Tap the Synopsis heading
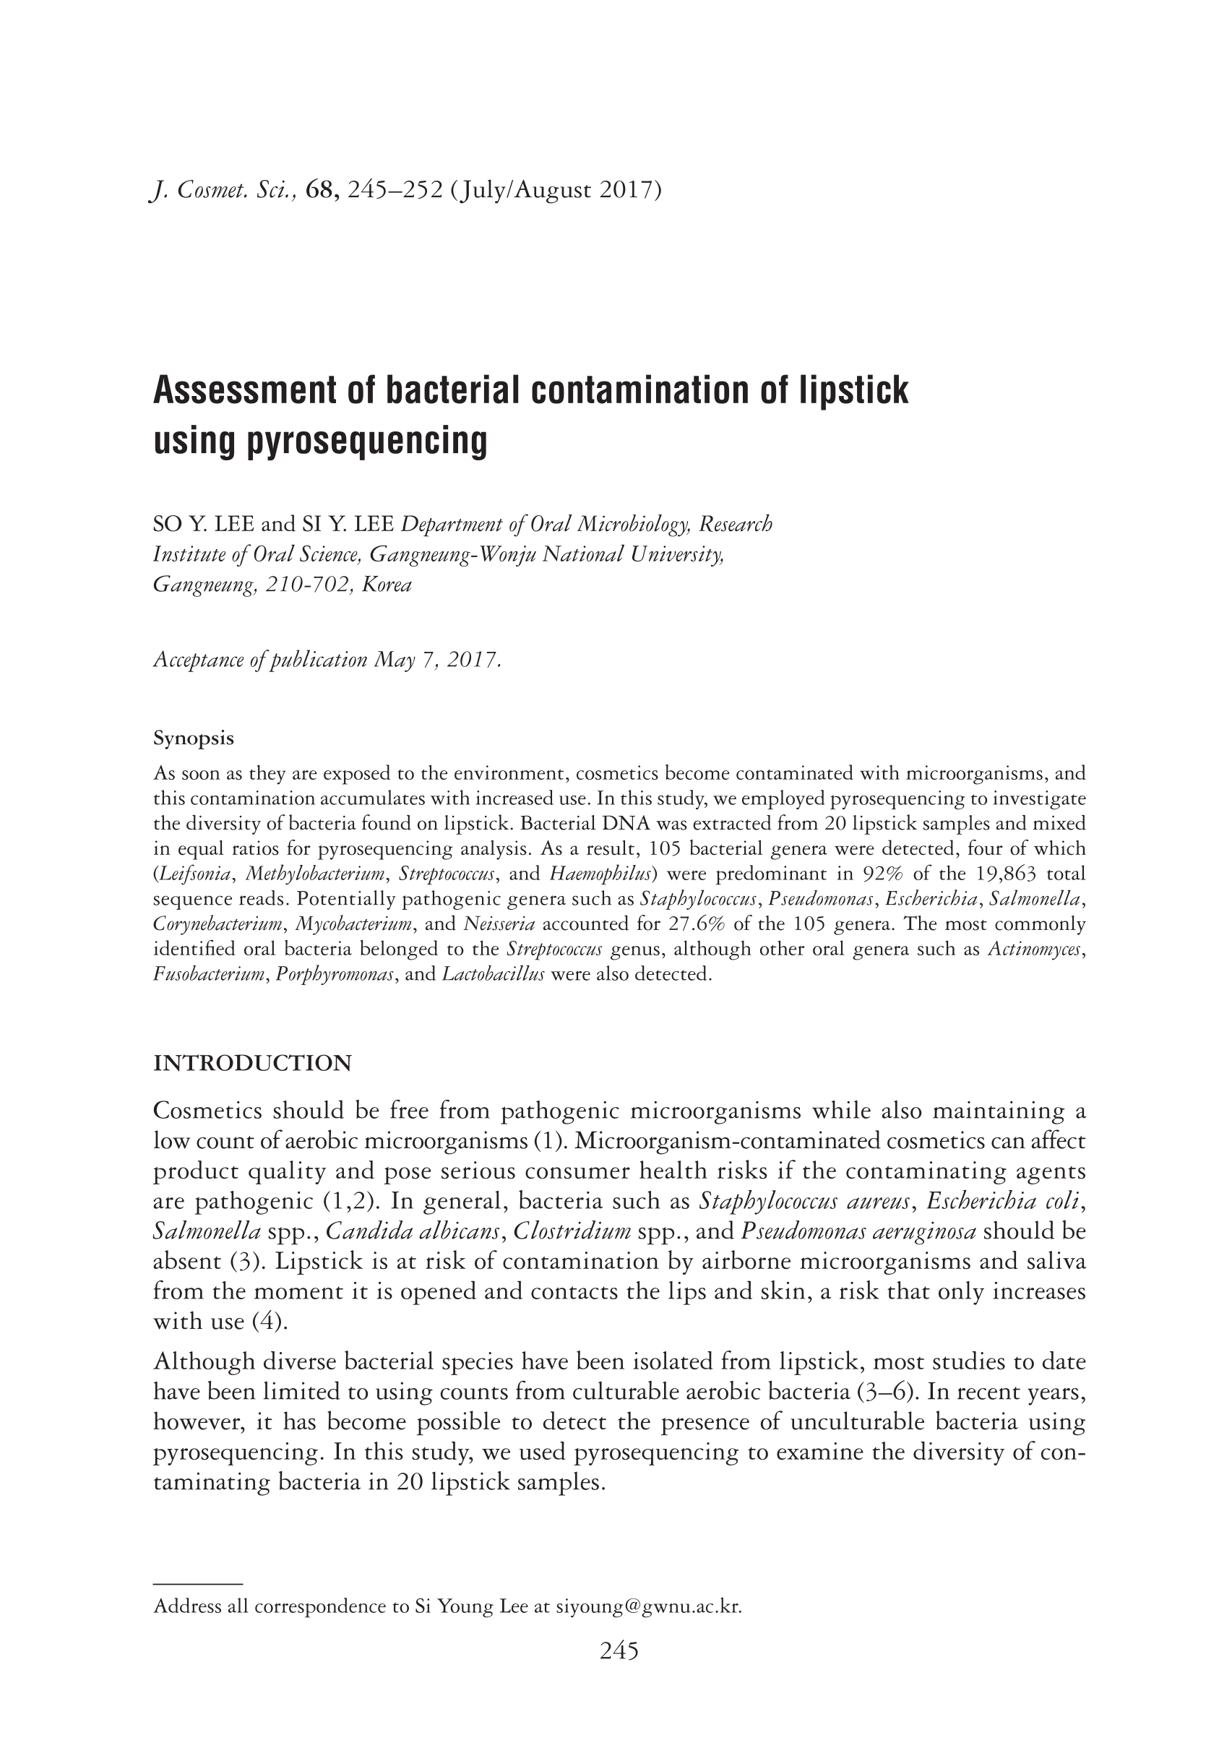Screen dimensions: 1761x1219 193,739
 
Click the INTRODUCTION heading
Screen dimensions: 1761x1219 253,1063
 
